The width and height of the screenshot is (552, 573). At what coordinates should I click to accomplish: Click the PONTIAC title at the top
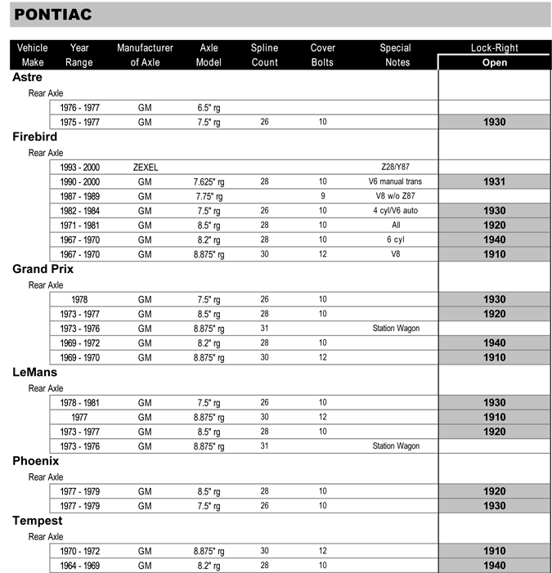(x=53, y=15)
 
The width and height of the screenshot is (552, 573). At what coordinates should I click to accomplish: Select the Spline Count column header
(x=265, y=55)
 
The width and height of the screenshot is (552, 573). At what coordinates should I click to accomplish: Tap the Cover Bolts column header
(x=323, y=55)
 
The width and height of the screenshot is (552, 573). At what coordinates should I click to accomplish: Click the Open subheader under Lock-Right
(x=494, y=62)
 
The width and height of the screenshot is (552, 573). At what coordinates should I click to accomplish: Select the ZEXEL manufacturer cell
(x=145, y=167)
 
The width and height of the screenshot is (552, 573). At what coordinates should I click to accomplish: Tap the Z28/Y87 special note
(x=395, y=167)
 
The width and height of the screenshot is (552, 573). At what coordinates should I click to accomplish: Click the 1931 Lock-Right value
(x=494, y=181)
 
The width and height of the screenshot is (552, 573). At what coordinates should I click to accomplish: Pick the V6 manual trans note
(x=395, y=181)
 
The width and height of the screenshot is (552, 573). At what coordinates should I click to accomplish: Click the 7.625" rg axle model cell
(x=209, y=181)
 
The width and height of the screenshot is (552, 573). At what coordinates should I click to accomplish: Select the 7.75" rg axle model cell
(x=209, y=196)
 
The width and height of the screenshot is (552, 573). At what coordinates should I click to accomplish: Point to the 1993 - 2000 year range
(x=79, y=167)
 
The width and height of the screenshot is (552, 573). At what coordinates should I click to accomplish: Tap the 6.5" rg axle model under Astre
(x=209, y=107)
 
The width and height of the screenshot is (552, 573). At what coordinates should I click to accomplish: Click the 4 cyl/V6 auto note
(x=395, y=211)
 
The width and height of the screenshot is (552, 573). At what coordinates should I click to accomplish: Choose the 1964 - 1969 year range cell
(x=79, y=565)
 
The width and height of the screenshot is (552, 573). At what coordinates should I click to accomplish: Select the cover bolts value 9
(x=323, y=196)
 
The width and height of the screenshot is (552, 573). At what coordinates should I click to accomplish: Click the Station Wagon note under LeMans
(x=395, y=446)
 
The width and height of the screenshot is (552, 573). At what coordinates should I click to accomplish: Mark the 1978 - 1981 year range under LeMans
(x=79, y=402)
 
